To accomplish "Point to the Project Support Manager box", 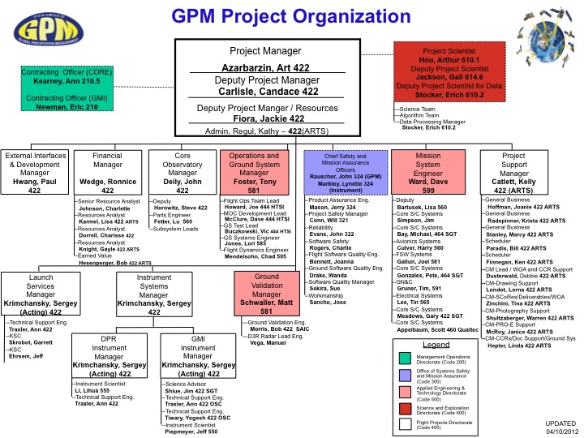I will (x=513, y=172).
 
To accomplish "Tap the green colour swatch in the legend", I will (x=404, y=358).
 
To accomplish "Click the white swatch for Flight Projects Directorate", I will (x=404, y=423).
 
